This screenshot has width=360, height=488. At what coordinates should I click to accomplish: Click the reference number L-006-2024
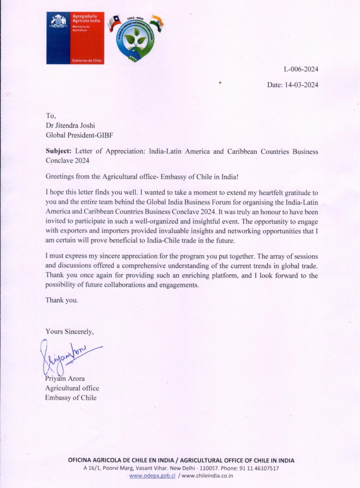[x=301, y=69]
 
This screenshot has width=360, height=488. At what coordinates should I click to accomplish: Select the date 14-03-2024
[x=301, y=85]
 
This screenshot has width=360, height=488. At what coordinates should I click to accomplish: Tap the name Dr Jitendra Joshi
[x=70, y=126]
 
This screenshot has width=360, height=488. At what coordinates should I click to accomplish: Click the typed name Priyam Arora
[x=65, y=379]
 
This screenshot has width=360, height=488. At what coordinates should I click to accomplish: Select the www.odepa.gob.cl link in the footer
[x=152, y=476]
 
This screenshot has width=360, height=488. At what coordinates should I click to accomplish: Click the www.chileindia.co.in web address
[x=208, y=476]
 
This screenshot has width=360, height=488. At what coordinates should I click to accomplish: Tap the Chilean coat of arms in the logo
[x=59, y=22]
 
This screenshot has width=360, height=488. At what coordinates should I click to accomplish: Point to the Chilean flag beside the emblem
[x=114, y=23]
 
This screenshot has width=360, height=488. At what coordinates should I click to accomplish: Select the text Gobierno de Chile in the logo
[x=87, y=61]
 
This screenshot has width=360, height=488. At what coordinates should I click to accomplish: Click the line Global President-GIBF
[x=79, y=135]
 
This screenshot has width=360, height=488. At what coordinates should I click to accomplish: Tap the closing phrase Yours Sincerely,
[x=70, y=332]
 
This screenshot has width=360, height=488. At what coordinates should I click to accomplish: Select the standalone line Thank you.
[x=62, y=300]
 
